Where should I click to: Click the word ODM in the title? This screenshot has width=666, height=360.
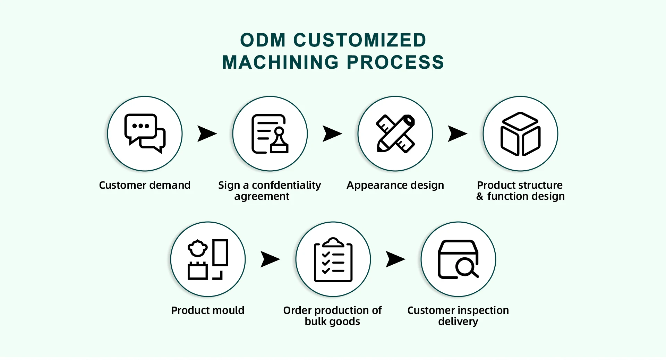coord(263,40)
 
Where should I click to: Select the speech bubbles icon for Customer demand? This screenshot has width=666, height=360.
coord(145,134)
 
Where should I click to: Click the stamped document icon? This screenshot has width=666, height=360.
coord(270,134)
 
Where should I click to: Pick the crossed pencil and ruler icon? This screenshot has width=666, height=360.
coord(395,134)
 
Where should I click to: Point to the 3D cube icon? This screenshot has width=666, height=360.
coord(520,134)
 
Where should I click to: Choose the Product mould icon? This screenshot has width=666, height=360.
coord(208,259)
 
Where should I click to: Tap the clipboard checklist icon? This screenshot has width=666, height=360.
coord(333,259)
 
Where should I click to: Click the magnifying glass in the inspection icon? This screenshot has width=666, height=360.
coord(466,268)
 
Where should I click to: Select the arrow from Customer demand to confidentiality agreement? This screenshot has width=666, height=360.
coord(207,134)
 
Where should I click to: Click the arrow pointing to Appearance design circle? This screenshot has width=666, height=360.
coord(332,134)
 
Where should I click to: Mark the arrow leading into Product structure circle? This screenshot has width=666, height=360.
coord(457,134)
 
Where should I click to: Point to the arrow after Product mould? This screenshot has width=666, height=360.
coord(270,259)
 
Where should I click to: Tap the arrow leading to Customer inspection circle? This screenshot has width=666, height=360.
coord(395,259)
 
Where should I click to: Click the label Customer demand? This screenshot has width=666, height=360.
coord(145,185)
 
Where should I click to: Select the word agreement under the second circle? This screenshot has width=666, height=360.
coord(262,197)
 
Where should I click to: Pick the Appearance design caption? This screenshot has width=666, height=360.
coord(395,185)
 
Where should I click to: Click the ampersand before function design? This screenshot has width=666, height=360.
coord(479,197)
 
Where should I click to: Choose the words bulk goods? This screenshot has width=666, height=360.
coord(332,322)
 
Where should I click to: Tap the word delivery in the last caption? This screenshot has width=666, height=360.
coord(458,322)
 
